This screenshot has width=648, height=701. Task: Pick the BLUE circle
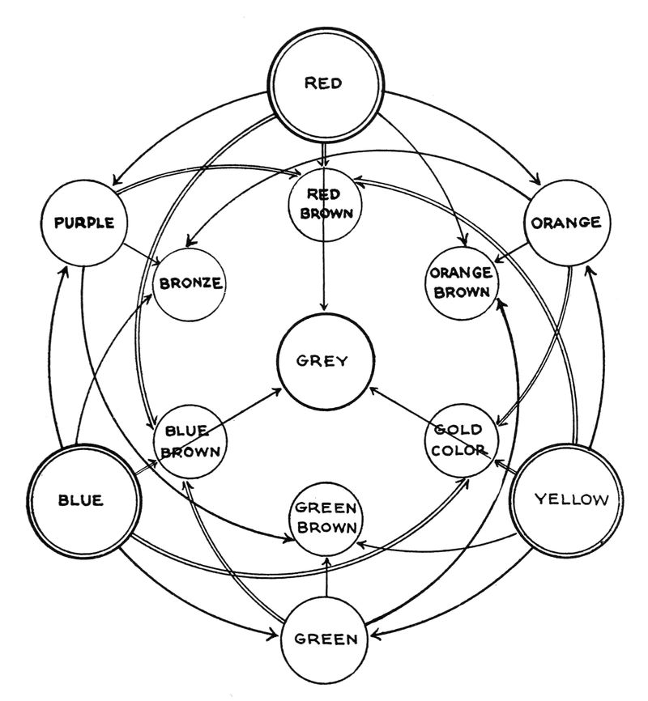coord(80,499)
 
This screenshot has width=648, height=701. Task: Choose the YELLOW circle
coord(570,499)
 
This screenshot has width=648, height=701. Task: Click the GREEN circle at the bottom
coord(324,639)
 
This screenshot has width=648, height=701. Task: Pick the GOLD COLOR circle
coord(458,440)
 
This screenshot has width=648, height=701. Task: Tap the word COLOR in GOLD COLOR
coord(458,450)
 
